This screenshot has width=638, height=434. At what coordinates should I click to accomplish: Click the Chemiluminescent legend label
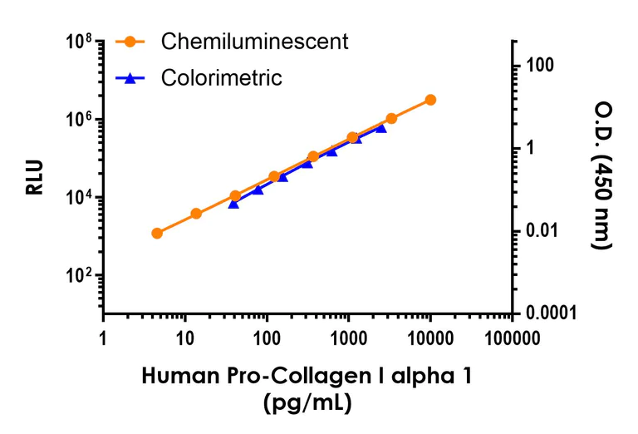tap(254, 41)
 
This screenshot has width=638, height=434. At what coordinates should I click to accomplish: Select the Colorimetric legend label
tap(222, 78)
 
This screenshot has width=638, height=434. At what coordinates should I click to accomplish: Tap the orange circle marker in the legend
tap(130, 41)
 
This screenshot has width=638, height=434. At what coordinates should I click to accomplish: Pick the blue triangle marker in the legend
tap(130, 77)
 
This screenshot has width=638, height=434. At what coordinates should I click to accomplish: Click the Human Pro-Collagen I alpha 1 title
tap(308, 376)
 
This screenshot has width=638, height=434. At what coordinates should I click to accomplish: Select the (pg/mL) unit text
tap(308, 404)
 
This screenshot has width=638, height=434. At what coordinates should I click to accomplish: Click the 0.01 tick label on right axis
tap(544, 230)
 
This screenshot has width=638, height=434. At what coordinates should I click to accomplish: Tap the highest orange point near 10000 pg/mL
tap(430, 100)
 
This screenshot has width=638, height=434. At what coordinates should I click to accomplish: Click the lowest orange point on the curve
tap(157, 233)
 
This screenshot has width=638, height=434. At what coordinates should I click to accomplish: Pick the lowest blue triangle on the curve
tap(233, 203)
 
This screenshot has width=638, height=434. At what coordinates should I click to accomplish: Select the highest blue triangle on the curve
tap(381, 128)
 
